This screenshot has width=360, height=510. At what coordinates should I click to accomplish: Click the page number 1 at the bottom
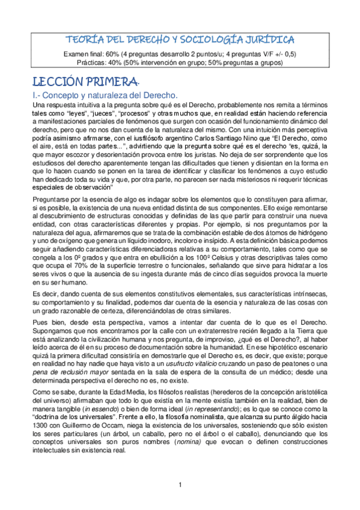(x=180, y=502)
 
